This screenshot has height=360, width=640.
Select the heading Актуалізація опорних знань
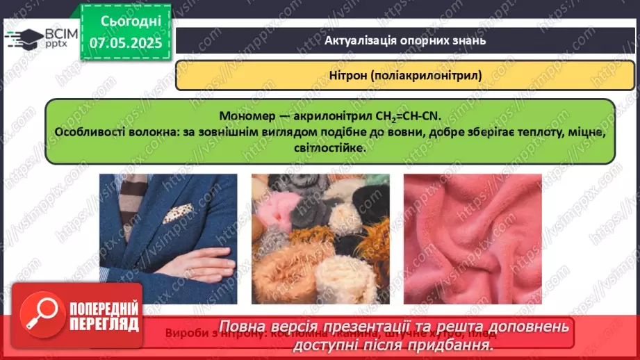[405, 40]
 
